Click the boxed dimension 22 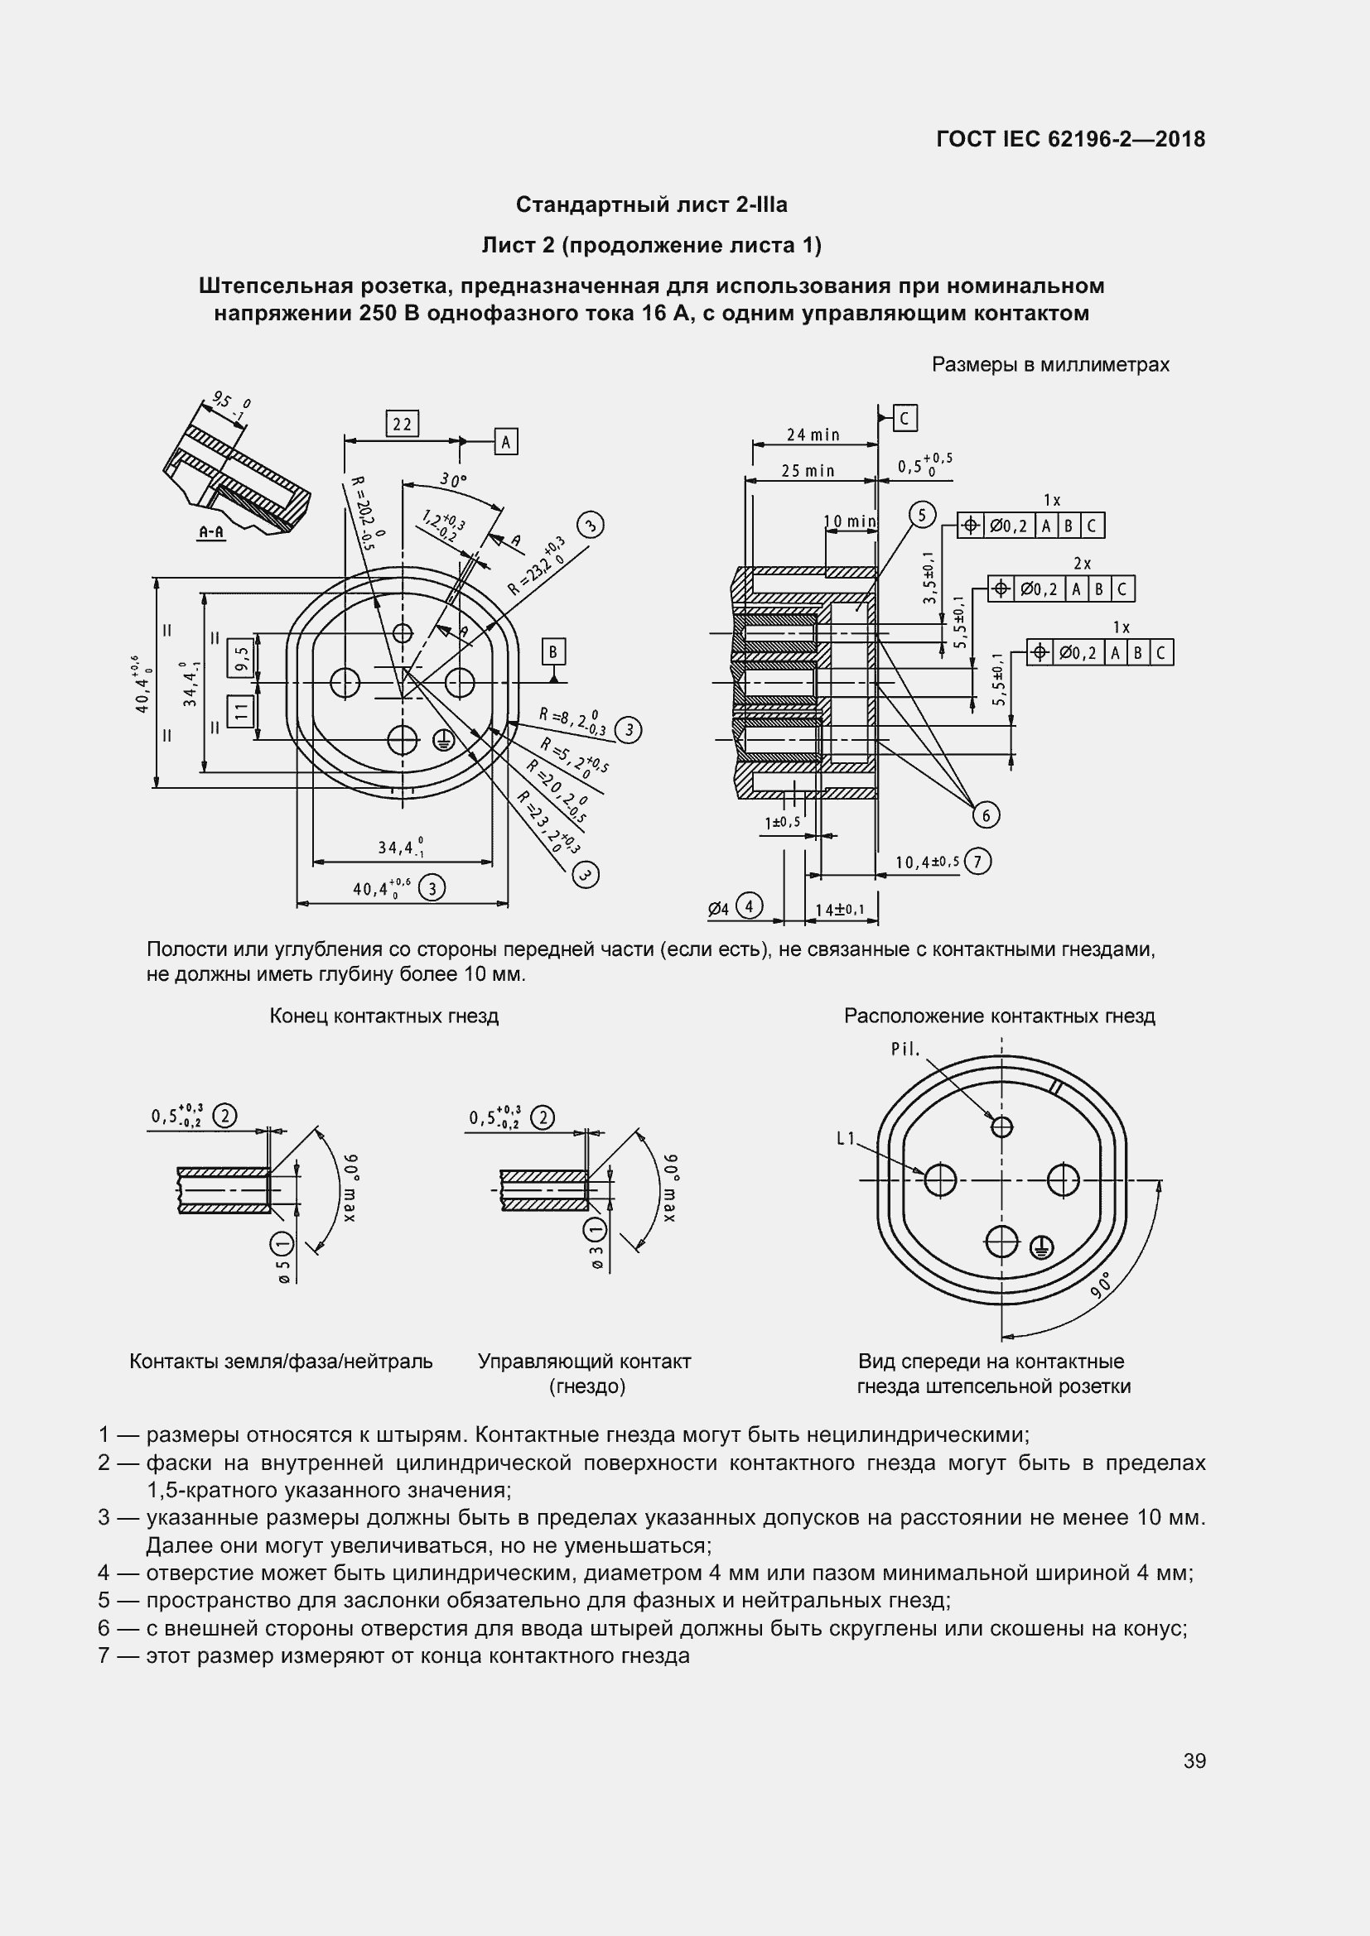(402, 423)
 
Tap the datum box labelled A (505, 441)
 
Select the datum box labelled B (553, 651)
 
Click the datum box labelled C (904, 418)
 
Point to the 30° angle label (453, 481)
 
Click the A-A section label (211, 532)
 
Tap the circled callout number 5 (922, 514)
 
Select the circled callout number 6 (986, 814)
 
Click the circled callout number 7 (977, 861)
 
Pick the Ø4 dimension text (718, 909)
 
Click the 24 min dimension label (813, 435)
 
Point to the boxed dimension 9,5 (242, 656)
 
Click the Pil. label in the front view (905, 1050)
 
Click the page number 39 (1194, 1761)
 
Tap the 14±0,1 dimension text (839, 910)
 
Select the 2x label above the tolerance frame (1083, 564)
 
